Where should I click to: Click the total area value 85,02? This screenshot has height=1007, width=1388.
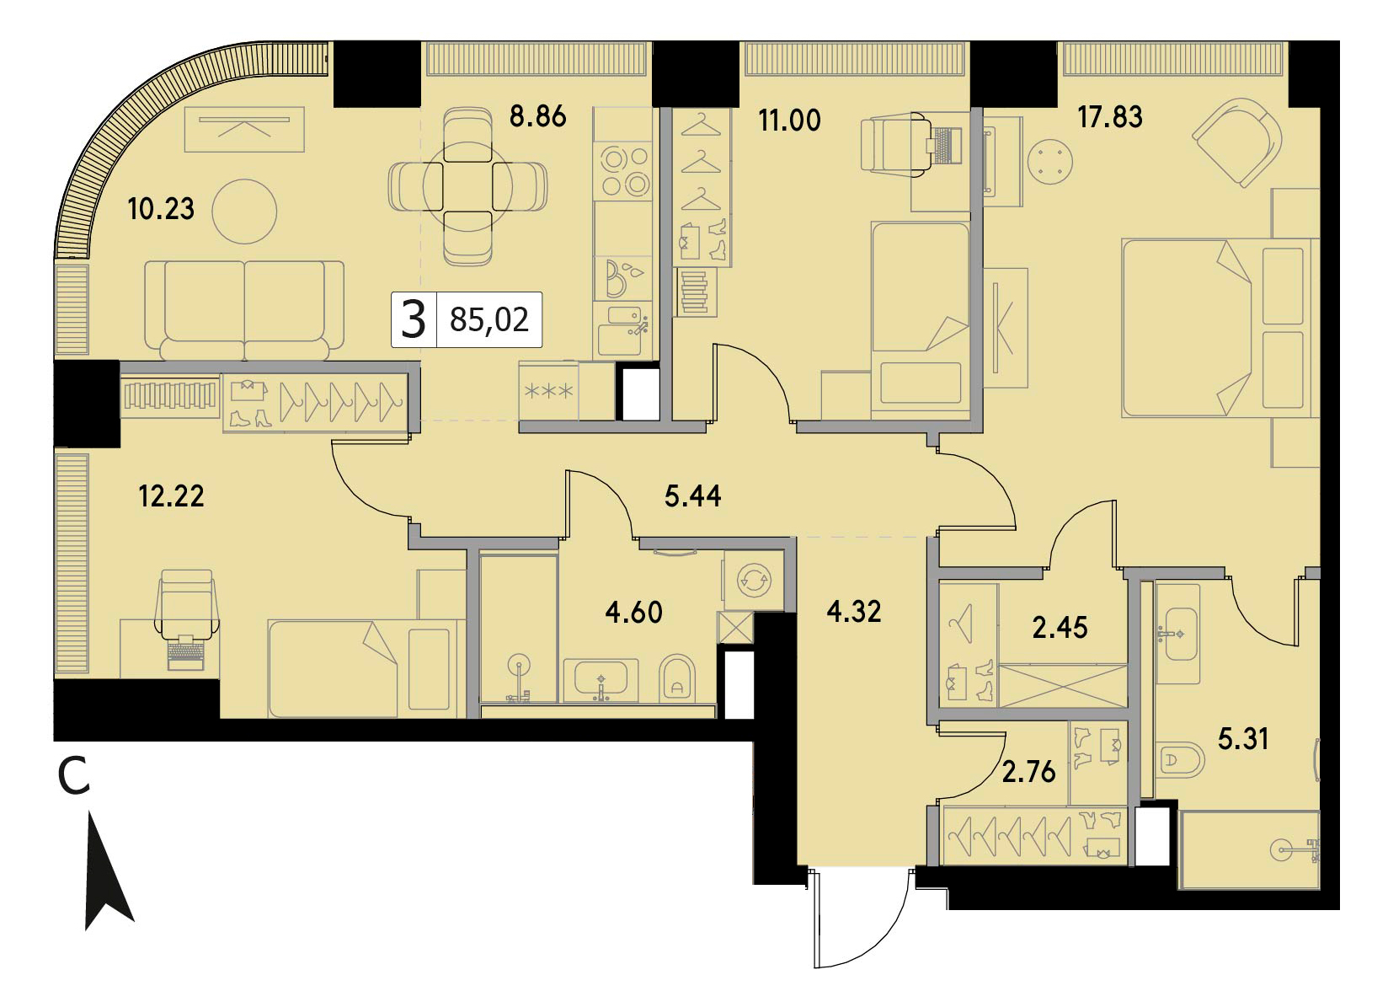point(488,320)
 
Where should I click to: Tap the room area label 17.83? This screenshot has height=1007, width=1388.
point(1110,116)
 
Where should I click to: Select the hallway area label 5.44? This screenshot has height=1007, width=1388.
point(693,496)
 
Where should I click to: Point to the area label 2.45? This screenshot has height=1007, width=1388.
point(1060,628)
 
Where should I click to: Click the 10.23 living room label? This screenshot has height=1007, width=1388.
point(161,209)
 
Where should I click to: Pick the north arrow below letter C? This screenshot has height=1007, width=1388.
point(109,870)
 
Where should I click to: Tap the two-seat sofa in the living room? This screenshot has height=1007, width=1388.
point(244,310)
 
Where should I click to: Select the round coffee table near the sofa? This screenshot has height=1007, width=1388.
point(244,212)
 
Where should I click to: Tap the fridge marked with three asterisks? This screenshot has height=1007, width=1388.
point(549,392)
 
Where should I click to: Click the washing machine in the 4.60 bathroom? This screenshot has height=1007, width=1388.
point(751,581)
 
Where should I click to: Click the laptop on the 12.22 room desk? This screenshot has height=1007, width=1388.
point(186,651)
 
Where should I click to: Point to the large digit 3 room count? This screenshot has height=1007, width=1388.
point(414,320)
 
